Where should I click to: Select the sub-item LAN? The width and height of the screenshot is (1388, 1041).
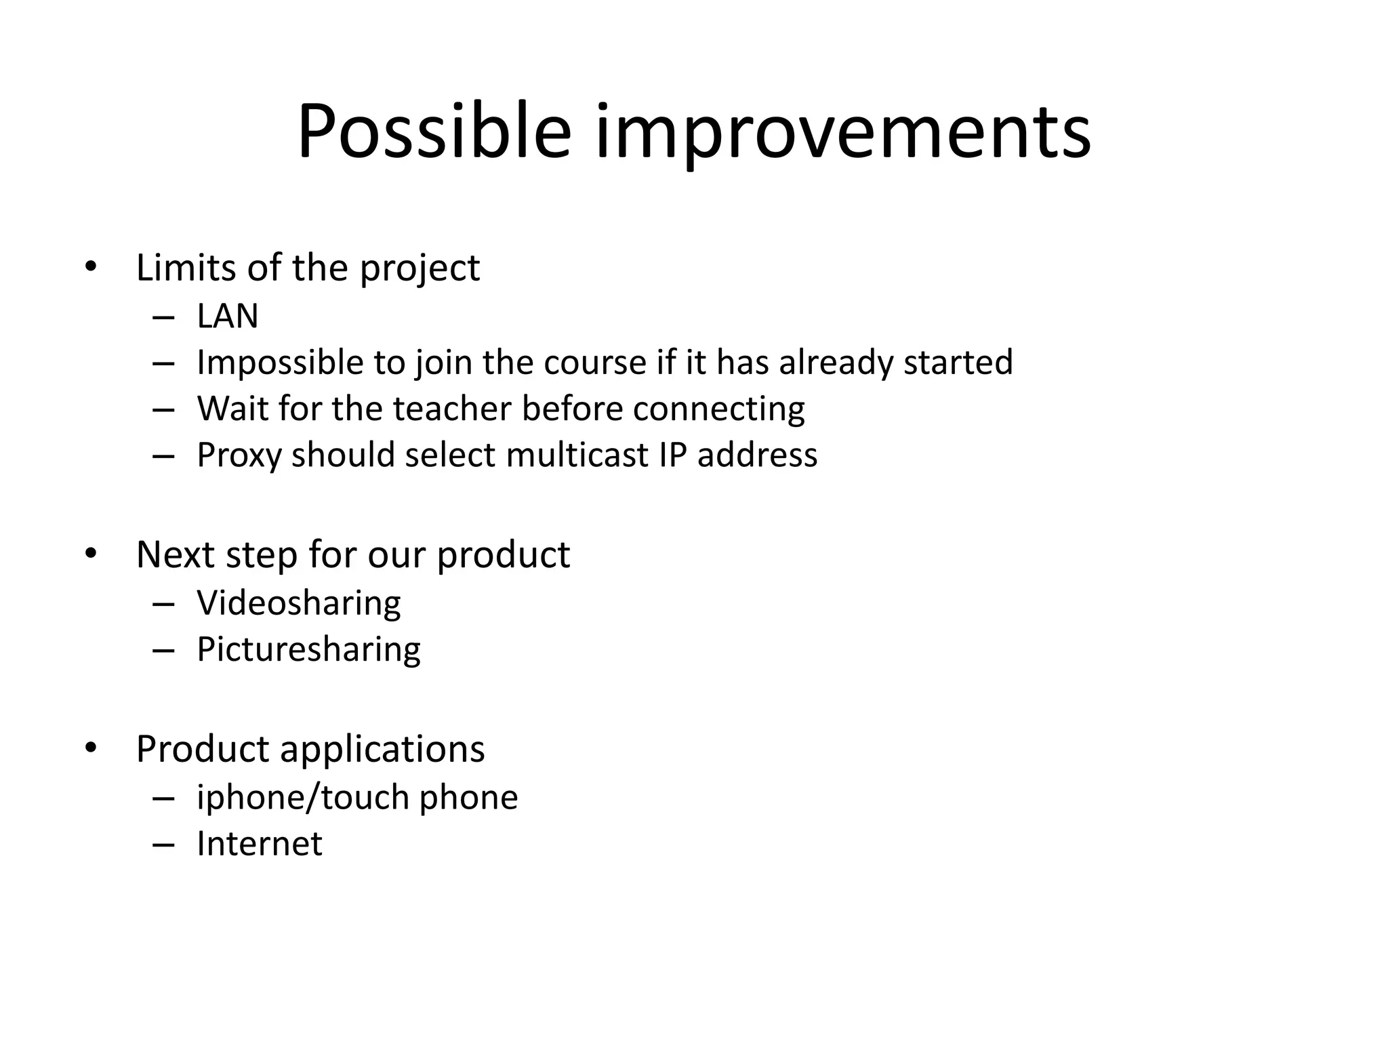point(228,316)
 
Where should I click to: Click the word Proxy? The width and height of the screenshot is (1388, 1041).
point(239,455)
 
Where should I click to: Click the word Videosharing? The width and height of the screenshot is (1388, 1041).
point(299,603)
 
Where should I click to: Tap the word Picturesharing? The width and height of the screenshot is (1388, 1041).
point(308,649)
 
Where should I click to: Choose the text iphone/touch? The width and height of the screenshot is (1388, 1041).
point(302,797)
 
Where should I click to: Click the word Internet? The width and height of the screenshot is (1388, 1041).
point(260,844)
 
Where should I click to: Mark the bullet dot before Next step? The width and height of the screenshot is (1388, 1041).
point(91,554)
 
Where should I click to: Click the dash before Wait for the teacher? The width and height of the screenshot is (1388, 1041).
point(164,410)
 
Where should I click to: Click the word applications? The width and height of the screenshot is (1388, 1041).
point(382,750)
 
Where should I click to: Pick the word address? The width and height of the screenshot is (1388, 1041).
point(757,455)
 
